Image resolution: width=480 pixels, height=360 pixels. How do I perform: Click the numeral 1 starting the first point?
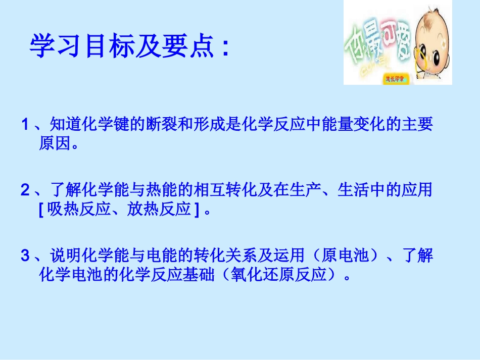[24, 125]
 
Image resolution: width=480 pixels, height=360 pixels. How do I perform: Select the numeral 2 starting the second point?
[24, 190]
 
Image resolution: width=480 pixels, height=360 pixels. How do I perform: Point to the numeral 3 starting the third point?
[24, 256]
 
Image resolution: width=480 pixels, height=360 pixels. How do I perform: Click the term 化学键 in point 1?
[97, 125]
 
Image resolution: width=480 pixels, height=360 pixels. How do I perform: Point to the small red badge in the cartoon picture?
[395, 79]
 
